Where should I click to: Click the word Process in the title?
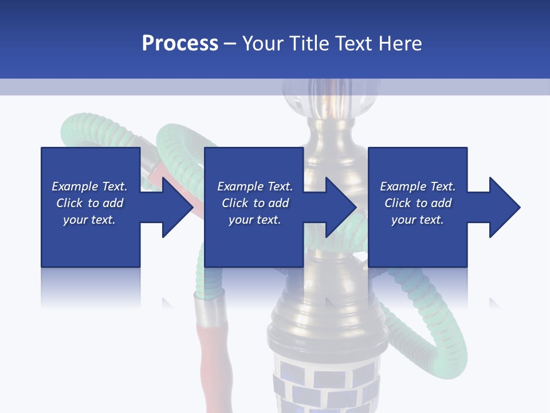pyautogui.click(x=180, y=43)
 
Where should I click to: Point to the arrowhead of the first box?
pyautogui.click(x=178, y=207)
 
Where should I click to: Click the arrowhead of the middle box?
pyautogui.click(x=341, y=207)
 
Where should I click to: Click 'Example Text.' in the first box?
pyautogui.click(x=89, y=186)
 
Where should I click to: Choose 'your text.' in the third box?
pyautogui.click(x=418, y=220)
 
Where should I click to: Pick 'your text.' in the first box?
pyautogui.click(x=89, y=220)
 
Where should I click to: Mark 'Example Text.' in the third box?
pyautogui.click(x=418, y=186)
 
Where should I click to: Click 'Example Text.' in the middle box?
pyautogui.click(x=255, y=186)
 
